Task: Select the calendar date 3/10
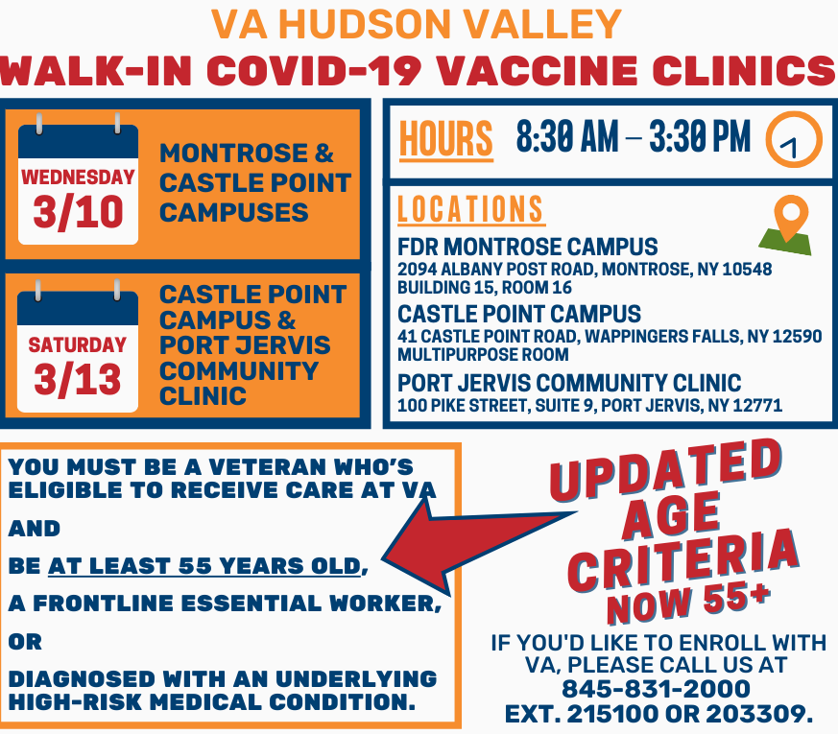(78, 213)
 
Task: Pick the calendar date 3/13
(78, 379)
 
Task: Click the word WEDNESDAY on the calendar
(78, 177)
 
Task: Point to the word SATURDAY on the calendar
(78, 344)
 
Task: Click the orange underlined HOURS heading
(446, 140)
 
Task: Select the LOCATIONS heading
(471, 209)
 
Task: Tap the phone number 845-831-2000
(657, 689)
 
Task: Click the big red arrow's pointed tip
(384, 559)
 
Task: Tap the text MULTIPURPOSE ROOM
(483, 355)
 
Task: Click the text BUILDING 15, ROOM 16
(485, 288)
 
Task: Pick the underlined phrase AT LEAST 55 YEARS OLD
(204, 566)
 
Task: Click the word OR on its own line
(25, 642)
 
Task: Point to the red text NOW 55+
(689, 603)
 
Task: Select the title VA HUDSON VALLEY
(417, 25)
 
